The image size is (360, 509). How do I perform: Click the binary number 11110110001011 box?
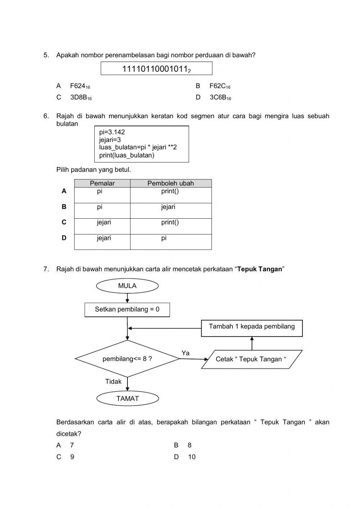click(156, 69)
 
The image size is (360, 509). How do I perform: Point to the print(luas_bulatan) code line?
click(126, 155)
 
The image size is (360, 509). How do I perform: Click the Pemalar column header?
click(102, 183)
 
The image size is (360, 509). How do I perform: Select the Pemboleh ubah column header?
click(171, 183)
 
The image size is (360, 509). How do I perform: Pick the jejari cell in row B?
click(168, 207)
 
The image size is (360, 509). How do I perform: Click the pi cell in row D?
click(164, 238)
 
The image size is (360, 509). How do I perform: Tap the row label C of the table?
click(64, 222)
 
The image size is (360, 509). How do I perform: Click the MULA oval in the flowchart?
click(127, 286)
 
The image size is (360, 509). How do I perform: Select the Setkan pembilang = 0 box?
click(127, 309)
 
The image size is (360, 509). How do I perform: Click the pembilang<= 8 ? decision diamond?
click(127, 359)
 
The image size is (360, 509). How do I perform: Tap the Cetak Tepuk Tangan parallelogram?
click(251, 359)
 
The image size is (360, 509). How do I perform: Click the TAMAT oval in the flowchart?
click(127, 398)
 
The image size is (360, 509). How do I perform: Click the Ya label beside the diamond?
click(185, 353)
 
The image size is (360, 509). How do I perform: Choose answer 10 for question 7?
click(191, 457)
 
